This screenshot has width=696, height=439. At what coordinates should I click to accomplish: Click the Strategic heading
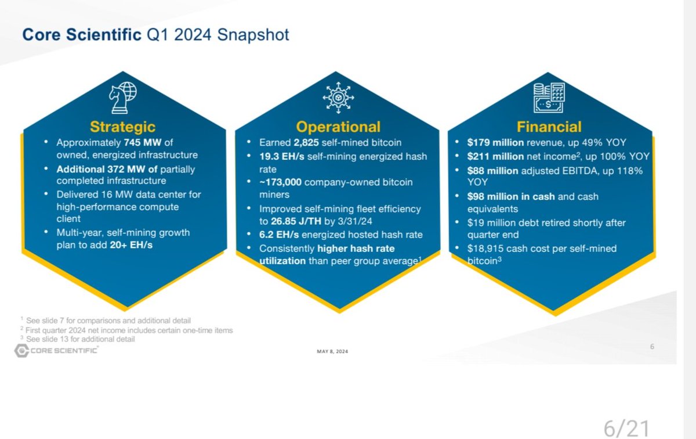(123, 127)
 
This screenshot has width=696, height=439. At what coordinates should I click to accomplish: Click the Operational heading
(338, 127)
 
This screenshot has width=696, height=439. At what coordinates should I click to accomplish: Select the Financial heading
(549, 127)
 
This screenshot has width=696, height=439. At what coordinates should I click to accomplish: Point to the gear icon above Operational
(338, 97)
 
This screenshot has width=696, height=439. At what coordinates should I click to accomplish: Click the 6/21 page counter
(626, 429)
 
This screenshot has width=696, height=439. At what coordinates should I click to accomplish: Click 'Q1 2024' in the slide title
(178, 35)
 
